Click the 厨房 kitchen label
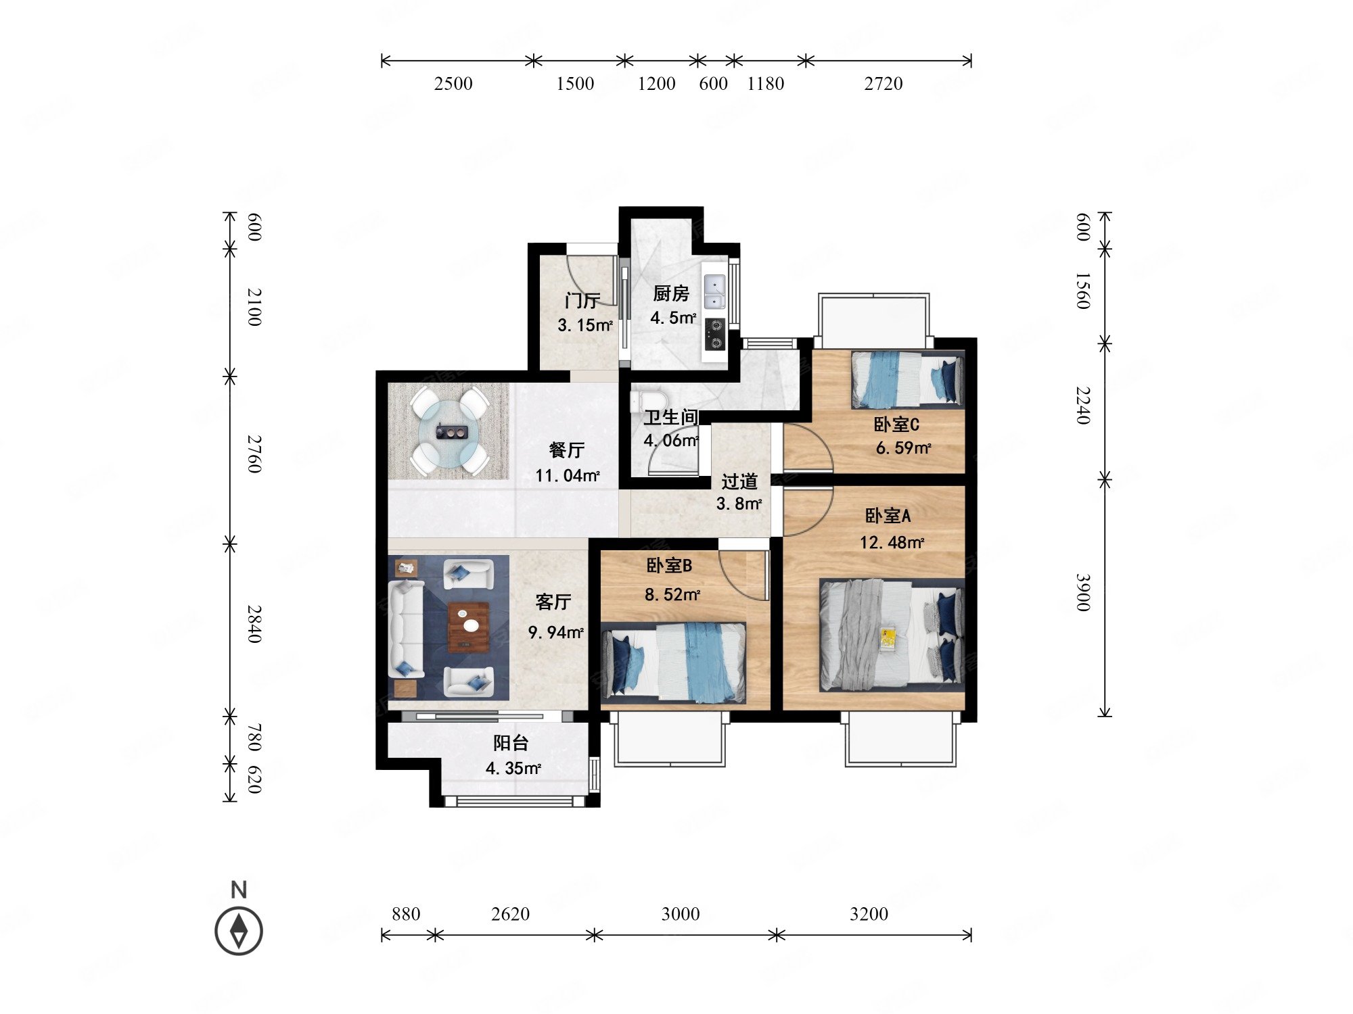[671, 293]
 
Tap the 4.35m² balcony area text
[513, 769]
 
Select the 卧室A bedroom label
[888, 516]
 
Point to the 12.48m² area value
[892, 542]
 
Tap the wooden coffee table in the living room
[469, 627]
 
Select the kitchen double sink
[714, 292]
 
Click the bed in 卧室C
[907, 379]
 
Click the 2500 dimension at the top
[453, 84]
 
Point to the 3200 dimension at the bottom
[869, 914]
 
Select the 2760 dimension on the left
[254, 454]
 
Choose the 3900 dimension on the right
[1083, 592]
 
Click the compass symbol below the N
[239, 931]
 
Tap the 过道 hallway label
[739, 481]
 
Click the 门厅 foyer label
[582, 300]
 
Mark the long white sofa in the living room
[406, 629]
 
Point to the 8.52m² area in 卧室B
[672, 595]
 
